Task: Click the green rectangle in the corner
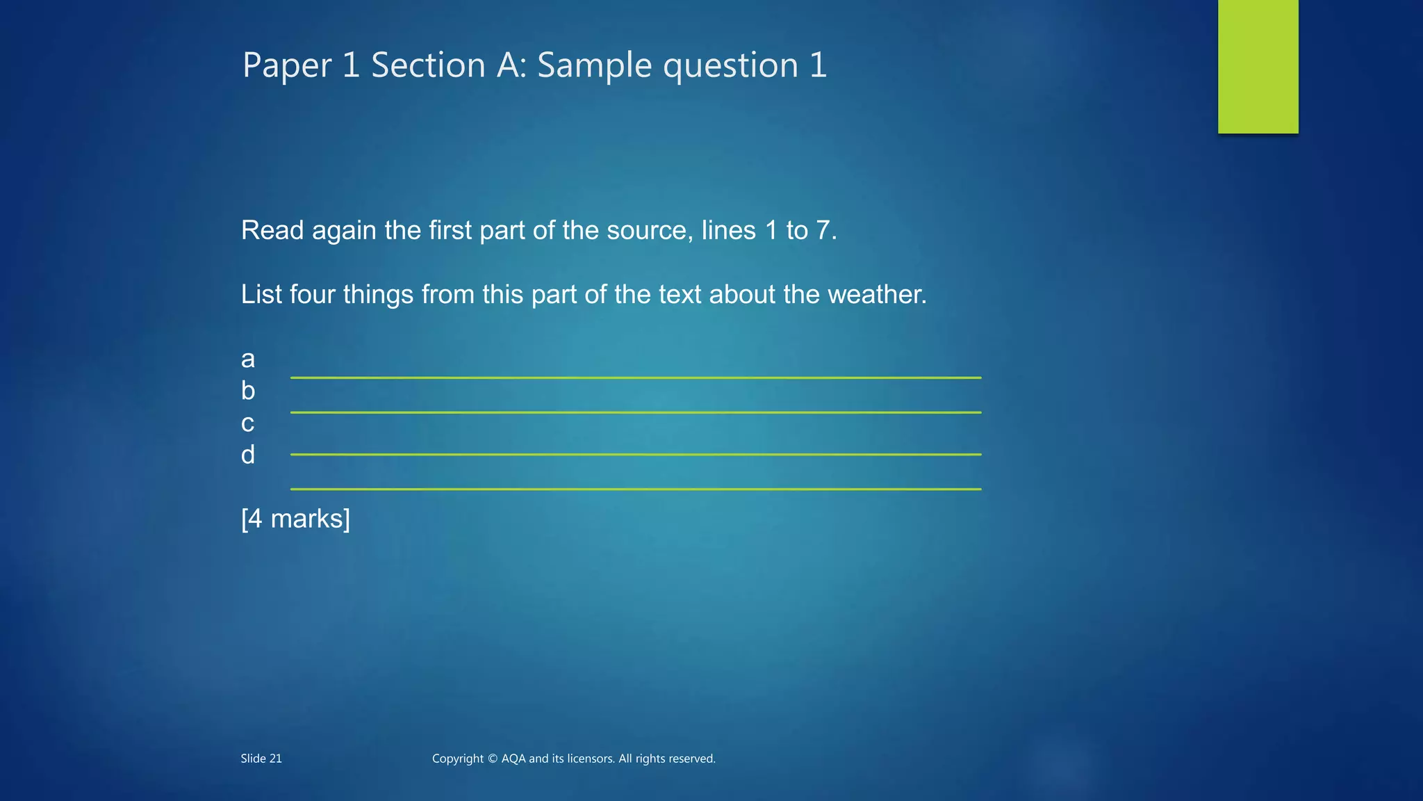1258,66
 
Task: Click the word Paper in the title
287,66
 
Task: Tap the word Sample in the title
594,65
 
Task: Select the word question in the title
730,66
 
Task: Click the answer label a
248,359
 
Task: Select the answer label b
248,391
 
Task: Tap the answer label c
248,423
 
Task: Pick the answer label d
248,455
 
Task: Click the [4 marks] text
295,519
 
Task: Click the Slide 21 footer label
261,759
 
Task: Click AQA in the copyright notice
513,759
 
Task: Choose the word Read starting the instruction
272,231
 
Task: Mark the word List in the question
261,295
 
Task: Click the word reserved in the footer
690,759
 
